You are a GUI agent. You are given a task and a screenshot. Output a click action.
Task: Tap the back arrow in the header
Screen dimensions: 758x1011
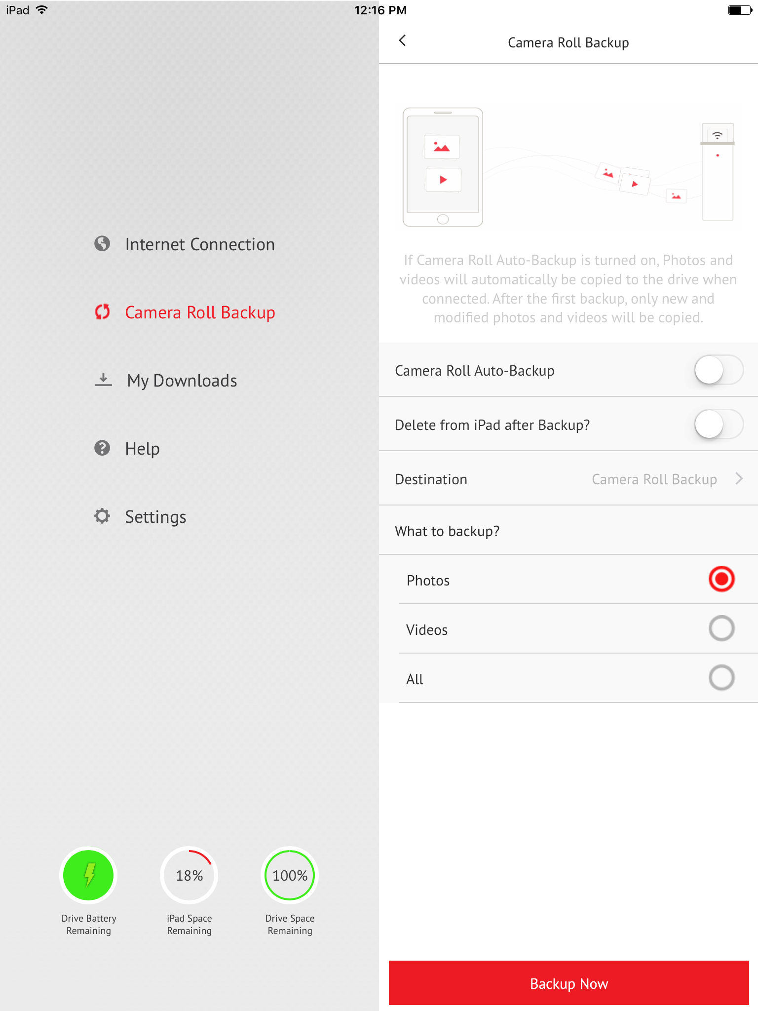403,40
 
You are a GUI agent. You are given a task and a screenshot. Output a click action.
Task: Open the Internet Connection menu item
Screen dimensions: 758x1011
199,244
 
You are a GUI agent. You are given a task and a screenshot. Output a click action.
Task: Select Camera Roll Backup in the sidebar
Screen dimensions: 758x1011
199,312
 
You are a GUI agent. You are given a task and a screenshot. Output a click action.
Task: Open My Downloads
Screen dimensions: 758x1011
182,381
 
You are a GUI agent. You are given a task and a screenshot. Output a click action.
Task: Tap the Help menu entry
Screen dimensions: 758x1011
142,449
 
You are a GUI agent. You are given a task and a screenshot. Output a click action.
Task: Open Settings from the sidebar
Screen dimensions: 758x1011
155,517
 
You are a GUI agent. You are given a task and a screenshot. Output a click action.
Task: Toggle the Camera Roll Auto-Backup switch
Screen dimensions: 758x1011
719,370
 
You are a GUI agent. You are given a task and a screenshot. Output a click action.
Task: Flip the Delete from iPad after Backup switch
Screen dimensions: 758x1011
719,424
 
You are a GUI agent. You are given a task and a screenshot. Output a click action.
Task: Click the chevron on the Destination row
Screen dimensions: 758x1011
739,478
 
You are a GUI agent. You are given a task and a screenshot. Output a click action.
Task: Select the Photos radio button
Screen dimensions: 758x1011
721,579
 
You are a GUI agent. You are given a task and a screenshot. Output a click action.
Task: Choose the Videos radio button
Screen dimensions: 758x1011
721,628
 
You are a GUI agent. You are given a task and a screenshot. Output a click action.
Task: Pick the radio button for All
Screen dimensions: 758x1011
721,678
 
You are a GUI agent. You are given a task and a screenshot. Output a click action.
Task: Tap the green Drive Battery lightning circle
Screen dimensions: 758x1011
89,875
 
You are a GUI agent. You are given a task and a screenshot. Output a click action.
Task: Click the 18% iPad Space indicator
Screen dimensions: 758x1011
189,875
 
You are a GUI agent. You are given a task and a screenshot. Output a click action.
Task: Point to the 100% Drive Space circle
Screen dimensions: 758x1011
290,875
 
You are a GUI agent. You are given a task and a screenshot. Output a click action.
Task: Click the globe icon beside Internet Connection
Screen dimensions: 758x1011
102,243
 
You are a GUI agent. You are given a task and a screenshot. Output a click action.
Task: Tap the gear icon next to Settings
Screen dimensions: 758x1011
102,516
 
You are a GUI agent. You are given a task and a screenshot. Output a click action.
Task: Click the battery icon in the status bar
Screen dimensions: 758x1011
740,10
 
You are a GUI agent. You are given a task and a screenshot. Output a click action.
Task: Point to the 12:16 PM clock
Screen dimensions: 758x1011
380,10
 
